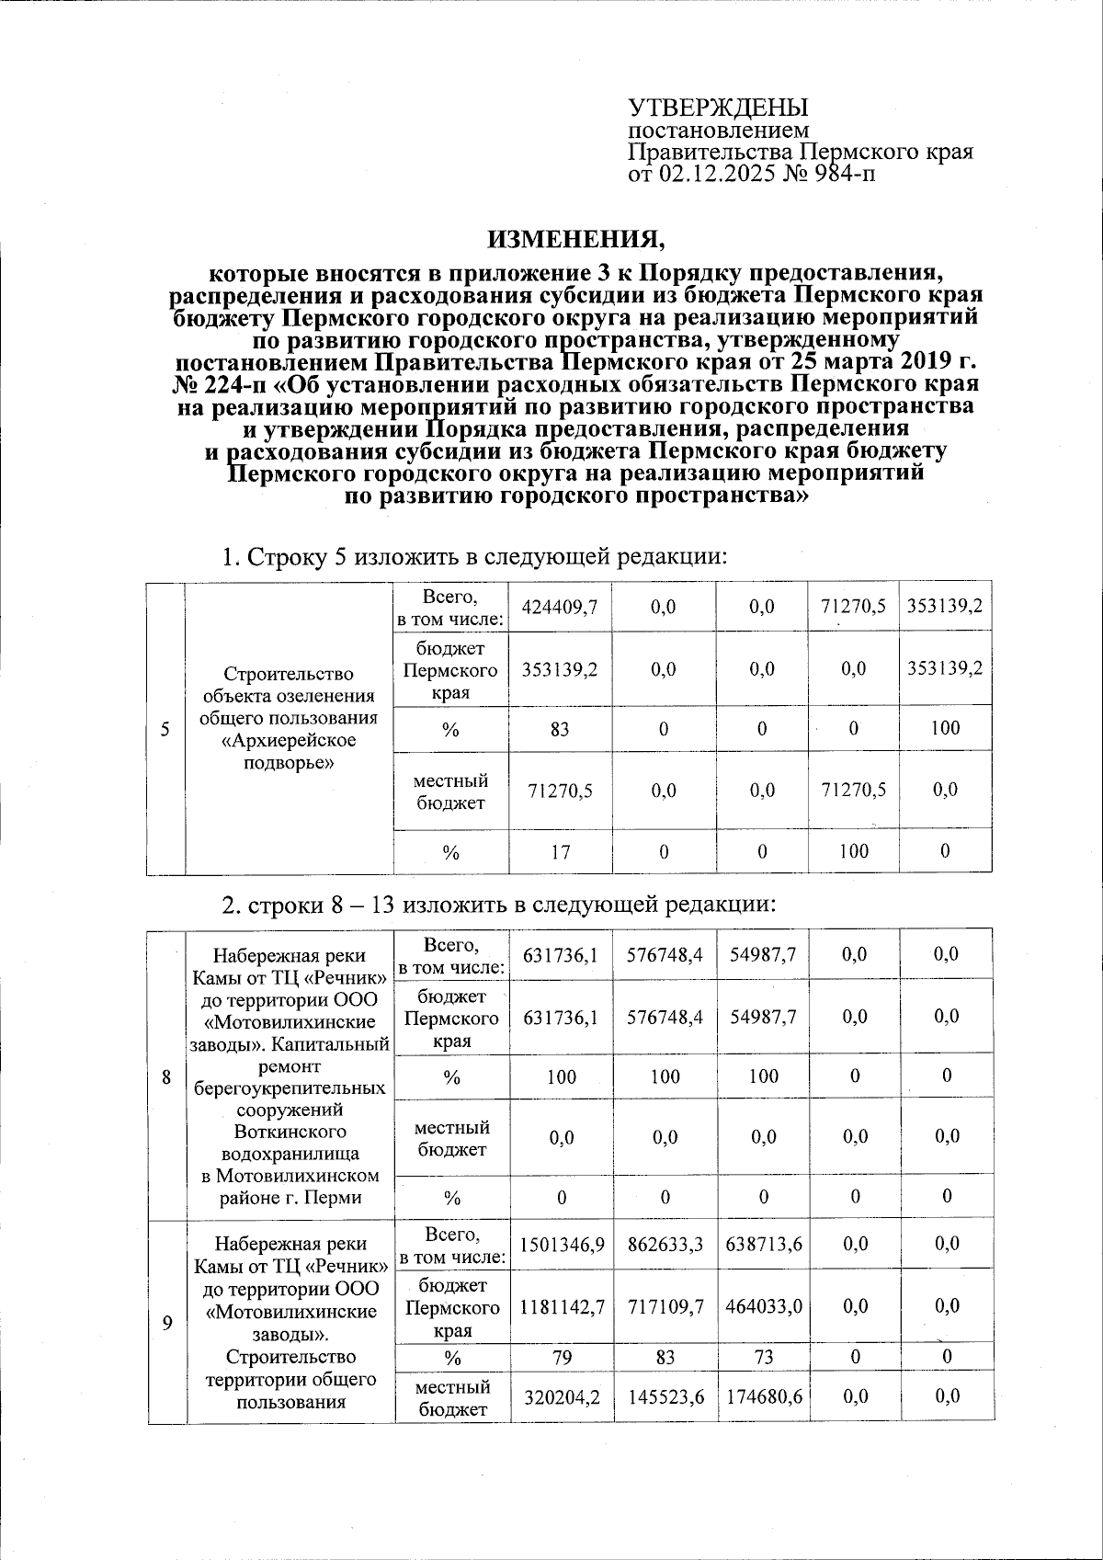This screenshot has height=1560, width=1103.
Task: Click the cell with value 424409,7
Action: (x=560, y=607)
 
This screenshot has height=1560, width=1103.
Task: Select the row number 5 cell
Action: (x=166, y=729)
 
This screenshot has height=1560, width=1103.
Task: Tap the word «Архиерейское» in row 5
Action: (x=289, y=740)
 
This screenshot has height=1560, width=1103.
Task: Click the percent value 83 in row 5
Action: (x=560, y=729)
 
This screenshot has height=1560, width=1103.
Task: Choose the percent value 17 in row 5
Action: (x=560, y=851)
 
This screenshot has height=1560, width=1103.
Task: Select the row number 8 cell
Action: (x=166, y=1075)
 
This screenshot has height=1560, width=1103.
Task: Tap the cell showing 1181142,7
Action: (x=562, y=1305)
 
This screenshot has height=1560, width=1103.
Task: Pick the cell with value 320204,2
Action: (x=562, y=1395)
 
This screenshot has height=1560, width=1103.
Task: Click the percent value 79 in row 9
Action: (x=562, y=1357)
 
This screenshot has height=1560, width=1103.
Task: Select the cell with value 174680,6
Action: (x=764, y=1395)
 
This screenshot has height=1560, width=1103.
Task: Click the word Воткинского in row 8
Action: (x=289, y=1131)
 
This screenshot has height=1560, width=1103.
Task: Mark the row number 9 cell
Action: (x=166, y=1323)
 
